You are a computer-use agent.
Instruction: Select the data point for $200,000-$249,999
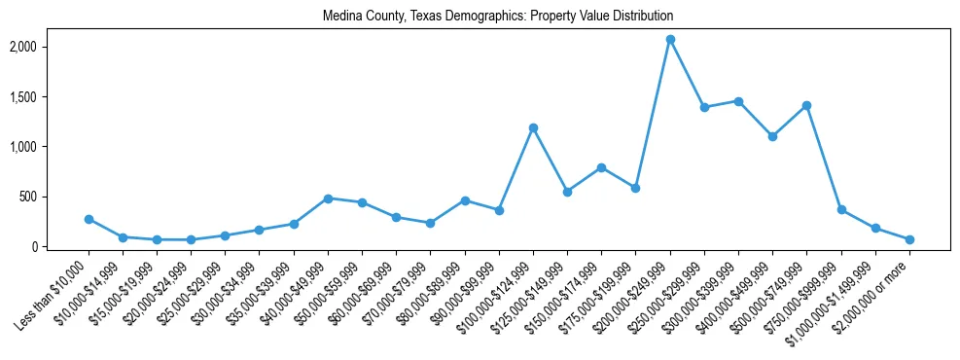coord(670,40)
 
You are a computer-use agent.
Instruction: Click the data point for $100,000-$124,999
coord(533,127)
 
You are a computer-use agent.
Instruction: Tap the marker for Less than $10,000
coord(89,219)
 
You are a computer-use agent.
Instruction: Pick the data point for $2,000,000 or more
coord(909,239)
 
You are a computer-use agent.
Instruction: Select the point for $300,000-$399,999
coord(738,101)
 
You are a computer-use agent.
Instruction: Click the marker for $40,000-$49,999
coord(328,198)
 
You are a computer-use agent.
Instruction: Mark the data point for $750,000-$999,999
coord(841,209)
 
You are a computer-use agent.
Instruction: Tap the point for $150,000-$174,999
coord(601,167)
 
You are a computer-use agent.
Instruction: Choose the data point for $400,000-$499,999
coord(772,136)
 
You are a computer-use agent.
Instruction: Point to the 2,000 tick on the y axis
coord(49,47)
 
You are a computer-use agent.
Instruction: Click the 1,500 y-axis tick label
coord(49,97)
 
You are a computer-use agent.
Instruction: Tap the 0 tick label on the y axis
coord(60,247)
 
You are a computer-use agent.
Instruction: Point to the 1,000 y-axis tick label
coord(49,147)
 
